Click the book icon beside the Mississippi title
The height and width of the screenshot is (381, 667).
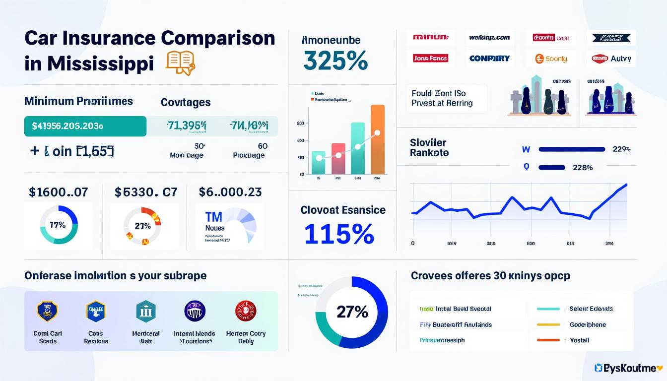click(x=181, y=63)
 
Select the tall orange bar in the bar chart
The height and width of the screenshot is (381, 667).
click(x=378, y=139)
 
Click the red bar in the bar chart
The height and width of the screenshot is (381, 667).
click(x=338, y=159)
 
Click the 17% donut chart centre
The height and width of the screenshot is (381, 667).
click(x=58, y=225)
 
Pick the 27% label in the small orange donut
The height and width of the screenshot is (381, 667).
click(x=142, y=226)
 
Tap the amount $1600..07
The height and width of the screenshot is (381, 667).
click(x=58, y=191)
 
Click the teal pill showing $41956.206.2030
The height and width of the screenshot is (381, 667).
click(x=85, y=126)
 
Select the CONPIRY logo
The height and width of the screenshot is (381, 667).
click(x=489, y=58)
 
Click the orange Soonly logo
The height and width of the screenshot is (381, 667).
click(x=551, y=59)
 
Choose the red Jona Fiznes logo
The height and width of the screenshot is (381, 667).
click(x=430, y=58)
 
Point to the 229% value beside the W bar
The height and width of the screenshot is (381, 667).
click(x=621, y=149)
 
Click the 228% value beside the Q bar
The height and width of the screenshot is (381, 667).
click(x=583, y=167)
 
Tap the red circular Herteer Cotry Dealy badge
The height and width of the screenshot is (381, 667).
click(x=245, y=311)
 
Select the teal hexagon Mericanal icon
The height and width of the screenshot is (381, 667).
click(x=146, y=311)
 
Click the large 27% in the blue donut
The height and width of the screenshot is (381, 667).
click(x=352, y=312)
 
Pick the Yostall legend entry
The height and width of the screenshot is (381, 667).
click(x=579, y=340)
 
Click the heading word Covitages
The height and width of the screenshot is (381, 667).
click(x=186, y=102)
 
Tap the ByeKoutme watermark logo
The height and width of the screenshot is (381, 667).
click(x=628, y=368)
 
